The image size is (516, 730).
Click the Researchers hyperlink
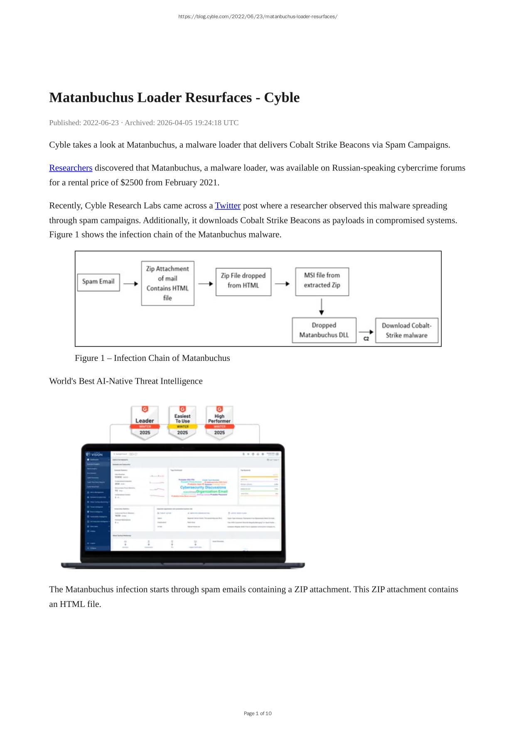point(71,168)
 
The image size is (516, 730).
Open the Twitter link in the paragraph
point(227,206)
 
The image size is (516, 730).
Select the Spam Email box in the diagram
point(98,282)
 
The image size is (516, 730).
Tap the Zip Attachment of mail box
point(167,283)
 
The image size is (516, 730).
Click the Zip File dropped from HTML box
point(243,281)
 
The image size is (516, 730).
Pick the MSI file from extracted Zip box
point(322,281)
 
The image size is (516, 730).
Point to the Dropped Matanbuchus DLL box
point(324,330)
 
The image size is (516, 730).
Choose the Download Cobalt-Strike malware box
point(406,330)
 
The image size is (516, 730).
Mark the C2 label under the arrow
point(366,339)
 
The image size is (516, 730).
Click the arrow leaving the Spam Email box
point(130,284)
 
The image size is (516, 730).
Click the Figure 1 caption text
point(152,358)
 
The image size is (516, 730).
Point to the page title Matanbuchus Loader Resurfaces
point(174,98)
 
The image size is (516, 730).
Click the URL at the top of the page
point(258,17)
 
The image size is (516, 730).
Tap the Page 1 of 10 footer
point(258,713)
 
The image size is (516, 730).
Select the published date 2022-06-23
point(101,123)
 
